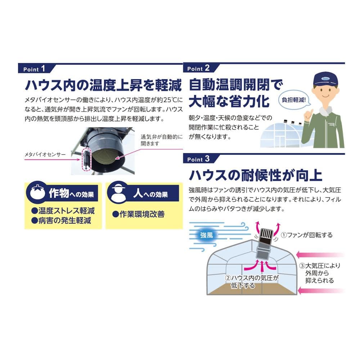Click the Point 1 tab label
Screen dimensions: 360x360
coord(34,69)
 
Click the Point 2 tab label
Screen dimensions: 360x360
coord(198,68)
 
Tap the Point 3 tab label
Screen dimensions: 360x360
coord(198,159)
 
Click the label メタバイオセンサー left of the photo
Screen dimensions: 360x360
coord(45,154)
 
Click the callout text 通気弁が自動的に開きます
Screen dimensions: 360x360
coord(162,140)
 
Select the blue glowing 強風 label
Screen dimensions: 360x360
coord(206,235)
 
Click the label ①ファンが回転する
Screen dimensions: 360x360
coord(307,235)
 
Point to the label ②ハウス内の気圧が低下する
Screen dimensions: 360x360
coord(252,282)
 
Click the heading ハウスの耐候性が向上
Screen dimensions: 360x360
coord(255,175)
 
